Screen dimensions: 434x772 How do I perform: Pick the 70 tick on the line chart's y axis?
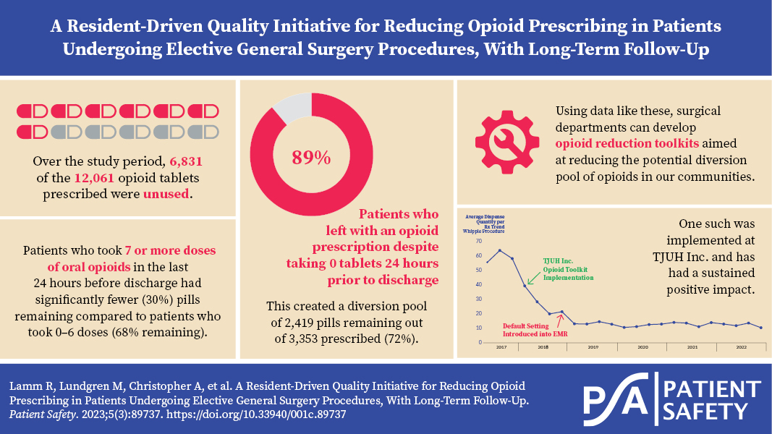click(478, 243)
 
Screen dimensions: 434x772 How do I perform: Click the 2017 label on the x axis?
click(501, 348)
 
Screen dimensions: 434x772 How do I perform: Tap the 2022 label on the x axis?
click(742, 348)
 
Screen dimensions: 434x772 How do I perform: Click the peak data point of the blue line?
click(499, 250)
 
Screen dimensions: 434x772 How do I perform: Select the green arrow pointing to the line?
click(532, 273)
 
